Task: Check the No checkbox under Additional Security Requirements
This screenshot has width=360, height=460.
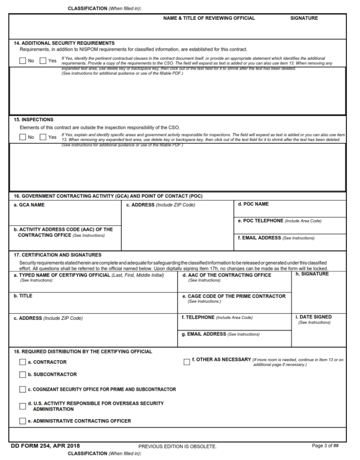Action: (x=22, y=61)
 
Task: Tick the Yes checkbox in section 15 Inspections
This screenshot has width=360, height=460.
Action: (x=43, y=137)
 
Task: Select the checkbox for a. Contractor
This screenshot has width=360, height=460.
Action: (x=22, y=362)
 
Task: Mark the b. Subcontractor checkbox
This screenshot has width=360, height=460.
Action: (x=22, y=375)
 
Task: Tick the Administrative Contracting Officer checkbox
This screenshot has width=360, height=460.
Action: (x=22, y=421)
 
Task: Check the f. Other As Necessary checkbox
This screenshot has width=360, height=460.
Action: (x=187, y=362)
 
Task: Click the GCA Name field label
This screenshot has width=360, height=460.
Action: (x=29, y=205)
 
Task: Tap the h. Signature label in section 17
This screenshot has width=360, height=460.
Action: (x=312, y=274)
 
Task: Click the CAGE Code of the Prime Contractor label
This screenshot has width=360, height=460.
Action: (x=234, y=296)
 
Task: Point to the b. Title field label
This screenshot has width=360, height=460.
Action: (x=23, y=296)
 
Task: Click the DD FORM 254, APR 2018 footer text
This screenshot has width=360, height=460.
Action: (x=45, y=446)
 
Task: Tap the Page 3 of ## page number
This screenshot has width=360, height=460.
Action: (x=325, y=446)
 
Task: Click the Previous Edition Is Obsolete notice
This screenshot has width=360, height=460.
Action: (x=178, y=447)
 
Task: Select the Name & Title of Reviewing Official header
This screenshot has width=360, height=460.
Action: (x=209, y=18)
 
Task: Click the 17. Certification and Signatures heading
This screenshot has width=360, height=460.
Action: (x=58, y=255)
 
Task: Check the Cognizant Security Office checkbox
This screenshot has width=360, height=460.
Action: (x=22, y=389)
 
